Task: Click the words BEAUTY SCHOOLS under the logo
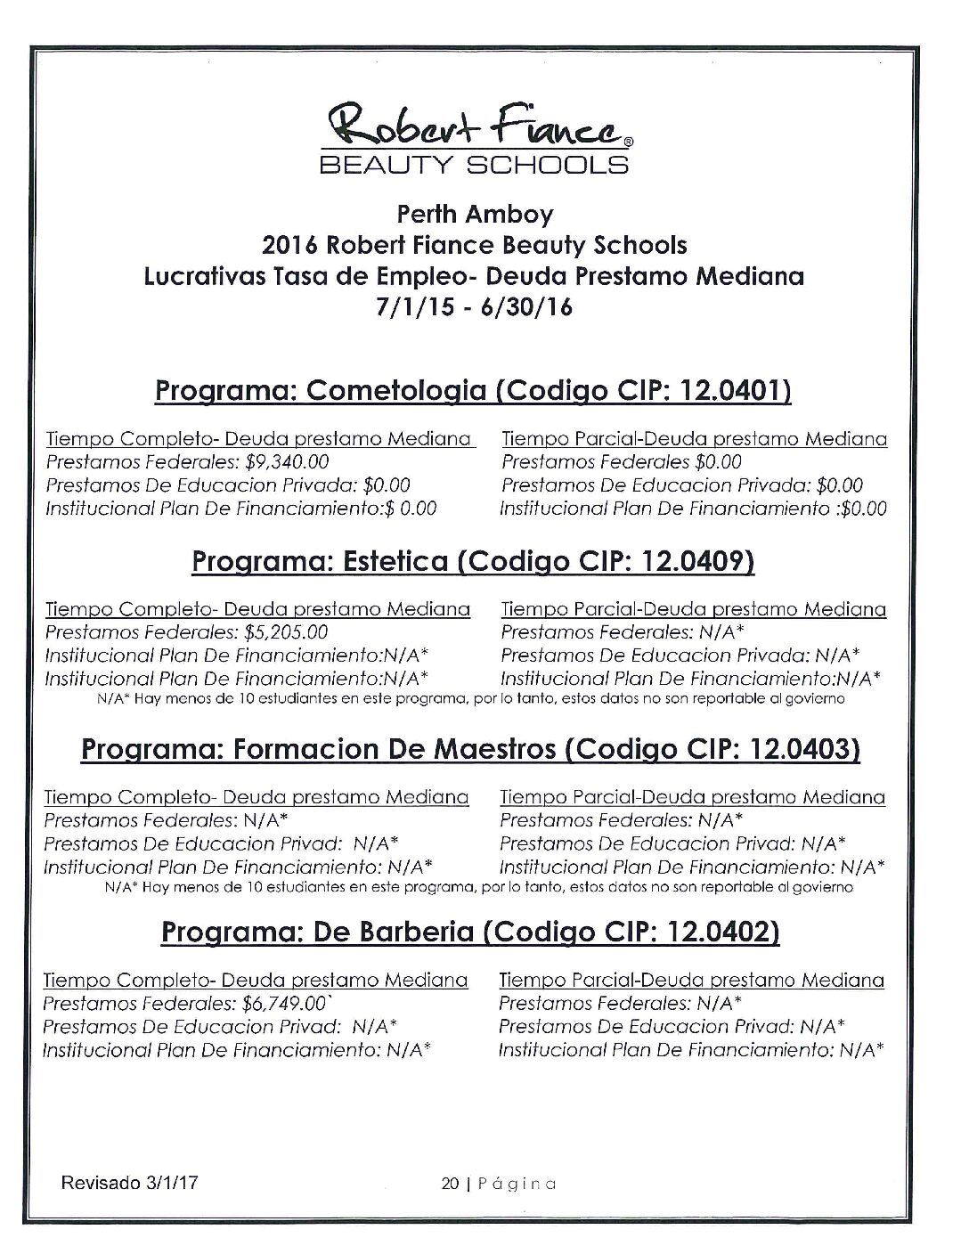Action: [474, 165]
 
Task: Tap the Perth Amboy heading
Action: [475, 215]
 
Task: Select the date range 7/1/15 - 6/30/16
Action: [474, 308]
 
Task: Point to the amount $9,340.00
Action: [286, 461]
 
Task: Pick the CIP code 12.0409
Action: [698, 561]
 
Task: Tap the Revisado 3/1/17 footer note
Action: [128, 1184]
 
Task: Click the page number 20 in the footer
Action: [449, 1184]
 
